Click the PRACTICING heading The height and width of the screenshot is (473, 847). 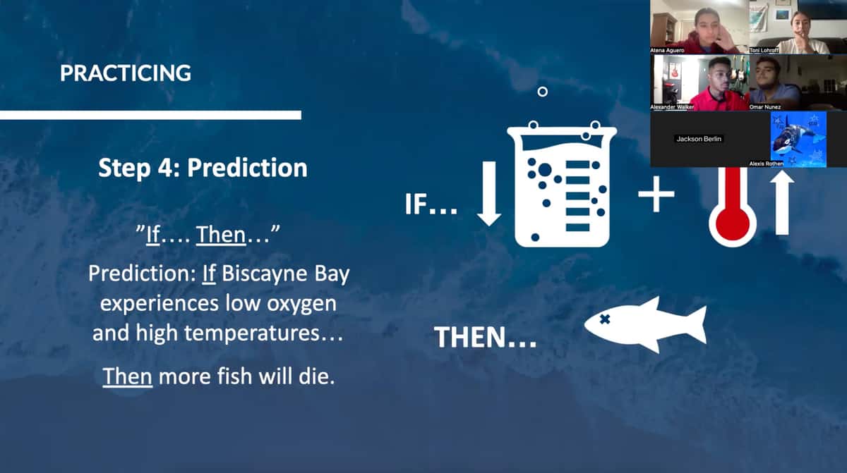coord(126,73)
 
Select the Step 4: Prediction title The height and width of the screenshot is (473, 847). coord(203,168)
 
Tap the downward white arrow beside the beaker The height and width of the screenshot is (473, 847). coord(489,194)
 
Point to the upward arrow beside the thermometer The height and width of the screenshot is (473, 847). coord(782,202)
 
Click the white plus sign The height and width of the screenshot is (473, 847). coord(656,194)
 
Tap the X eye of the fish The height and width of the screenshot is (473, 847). coord(605,319)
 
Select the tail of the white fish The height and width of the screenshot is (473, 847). coord(694,325)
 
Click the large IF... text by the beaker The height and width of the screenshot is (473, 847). coord(431,204)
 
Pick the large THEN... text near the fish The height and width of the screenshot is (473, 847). coord(486,337)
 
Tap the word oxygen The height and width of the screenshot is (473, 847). coord(302,305)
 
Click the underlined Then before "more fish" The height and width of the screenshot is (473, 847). coord(128,376)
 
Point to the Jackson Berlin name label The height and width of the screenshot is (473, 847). coord(699,139)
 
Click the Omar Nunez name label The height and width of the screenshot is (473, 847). coord(765,107)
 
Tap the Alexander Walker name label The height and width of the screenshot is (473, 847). coord(672,107)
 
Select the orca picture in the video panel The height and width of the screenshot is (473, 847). coord(798,140)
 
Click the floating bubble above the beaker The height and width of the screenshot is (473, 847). coord(543,92)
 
